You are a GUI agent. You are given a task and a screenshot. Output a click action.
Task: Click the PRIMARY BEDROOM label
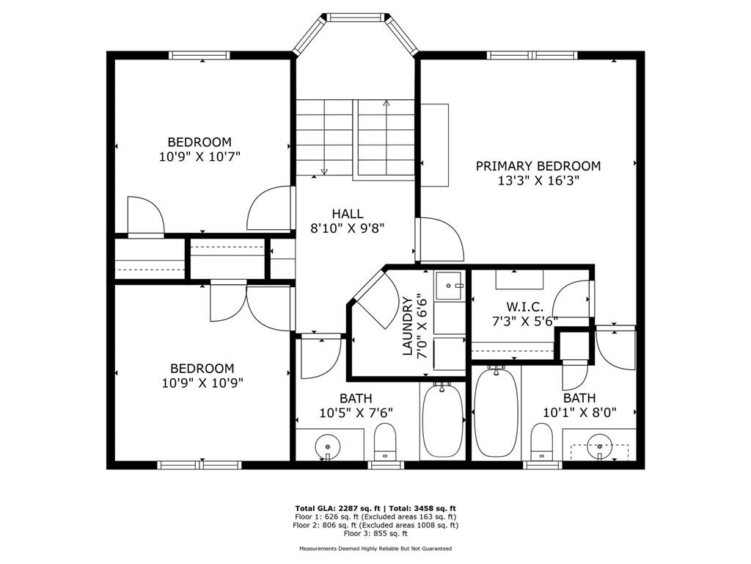tap(538, 166)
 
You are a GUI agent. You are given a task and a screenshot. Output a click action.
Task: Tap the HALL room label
tap(347, 214)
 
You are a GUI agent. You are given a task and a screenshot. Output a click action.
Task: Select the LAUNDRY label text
tap(407, 326)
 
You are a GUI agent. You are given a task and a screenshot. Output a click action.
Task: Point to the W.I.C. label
tap(525, 306)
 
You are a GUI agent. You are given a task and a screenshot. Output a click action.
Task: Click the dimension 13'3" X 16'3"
tap(538, 181)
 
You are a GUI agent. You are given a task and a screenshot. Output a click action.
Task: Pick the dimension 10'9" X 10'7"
tap(199, 157)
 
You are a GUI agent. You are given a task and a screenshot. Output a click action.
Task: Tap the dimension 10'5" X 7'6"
tap(356, 413)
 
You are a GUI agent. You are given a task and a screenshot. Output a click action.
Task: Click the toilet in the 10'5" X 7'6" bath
tap(384, 441)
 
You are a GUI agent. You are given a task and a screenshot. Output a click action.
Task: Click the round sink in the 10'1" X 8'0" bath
tap(600, 441)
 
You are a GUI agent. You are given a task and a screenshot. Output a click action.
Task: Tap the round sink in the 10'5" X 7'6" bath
tap(328, 441)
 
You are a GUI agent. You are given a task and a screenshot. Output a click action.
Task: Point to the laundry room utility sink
tap(450, 286)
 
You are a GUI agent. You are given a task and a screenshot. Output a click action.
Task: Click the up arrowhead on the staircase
tap(387, 102)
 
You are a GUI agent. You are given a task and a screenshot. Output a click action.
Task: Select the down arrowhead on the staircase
tap(324, 170)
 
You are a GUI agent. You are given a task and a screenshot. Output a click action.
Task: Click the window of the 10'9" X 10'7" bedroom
tap(199, 55)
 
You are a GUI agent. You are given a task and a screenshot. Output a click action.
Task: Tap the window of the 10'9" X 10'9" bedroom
tap(199, 465)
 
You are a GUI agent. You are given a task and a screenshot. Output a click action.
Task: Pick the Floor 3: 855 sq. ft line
tap(375, 533)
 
